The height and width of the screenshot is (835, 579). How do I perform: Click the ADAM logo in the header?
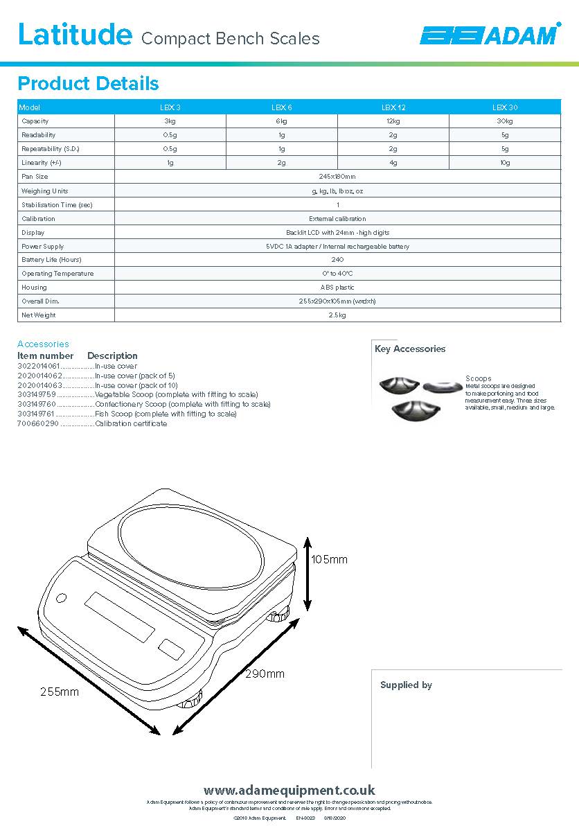pyautogui.click(x=491, y=35)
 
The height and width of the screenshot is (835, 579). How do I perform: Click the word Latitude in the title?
pyautogui.click(x=74, y=34)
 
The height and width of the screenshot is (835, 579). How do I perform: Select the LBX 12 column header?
pyautogui.click(x=393, y=107)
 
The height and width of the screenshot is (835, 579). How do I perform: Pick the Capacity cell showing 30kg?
pyautogui.click(x=504, y=121)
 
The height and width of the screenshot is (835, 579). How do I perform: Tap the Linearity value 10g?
pyautogui.click(x=505, y=163)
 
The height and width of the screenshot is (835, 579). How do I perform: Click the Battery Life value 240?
pyautogui.click(x=337, y=260)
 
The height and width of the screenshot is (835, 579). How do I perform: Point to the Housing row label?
pyautogui.click(x=34, y=288)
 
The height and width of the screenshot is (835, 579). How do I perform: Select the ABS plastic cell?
pyautogui.click(x=337, y=288)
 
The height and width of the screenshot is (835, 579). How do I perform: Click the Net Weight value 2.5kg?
pyautogui.click(x=337, y=315)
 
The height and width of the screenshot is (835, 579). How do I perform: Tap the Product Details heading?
pyautogui.click(x=88, y=84)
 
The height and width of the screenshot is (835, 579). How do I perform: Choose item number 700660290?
pyautogui.click(x=38, y=423)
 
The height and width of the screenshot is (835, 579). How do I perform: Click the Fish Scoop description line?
pyautogui.click(x=166, y=414)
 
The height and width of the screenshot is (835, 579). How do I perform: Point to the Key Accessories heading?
pyautogui.click(x=410, y=349)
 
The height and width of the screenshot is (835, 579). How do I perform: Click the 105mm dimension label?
pyautogui.click(x=329, y=559)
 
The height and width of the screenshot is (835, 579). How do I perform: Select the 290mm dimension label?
pyautogui.click(x=265, y=674)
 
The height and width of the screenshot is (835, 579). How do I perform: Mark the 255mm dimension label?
pyautogui.click(x=59, y=692)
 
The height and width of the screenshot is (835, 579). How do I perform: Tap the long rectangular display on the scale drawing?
pyautogui.click(x=119, y=617)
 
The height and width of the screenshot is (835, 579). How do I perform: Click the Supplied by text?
pyautogui.click(x=406, y=685)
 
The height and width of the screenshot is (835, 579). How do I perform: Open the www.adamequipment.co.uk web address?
pyautogui.click(x=289, y=790)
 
